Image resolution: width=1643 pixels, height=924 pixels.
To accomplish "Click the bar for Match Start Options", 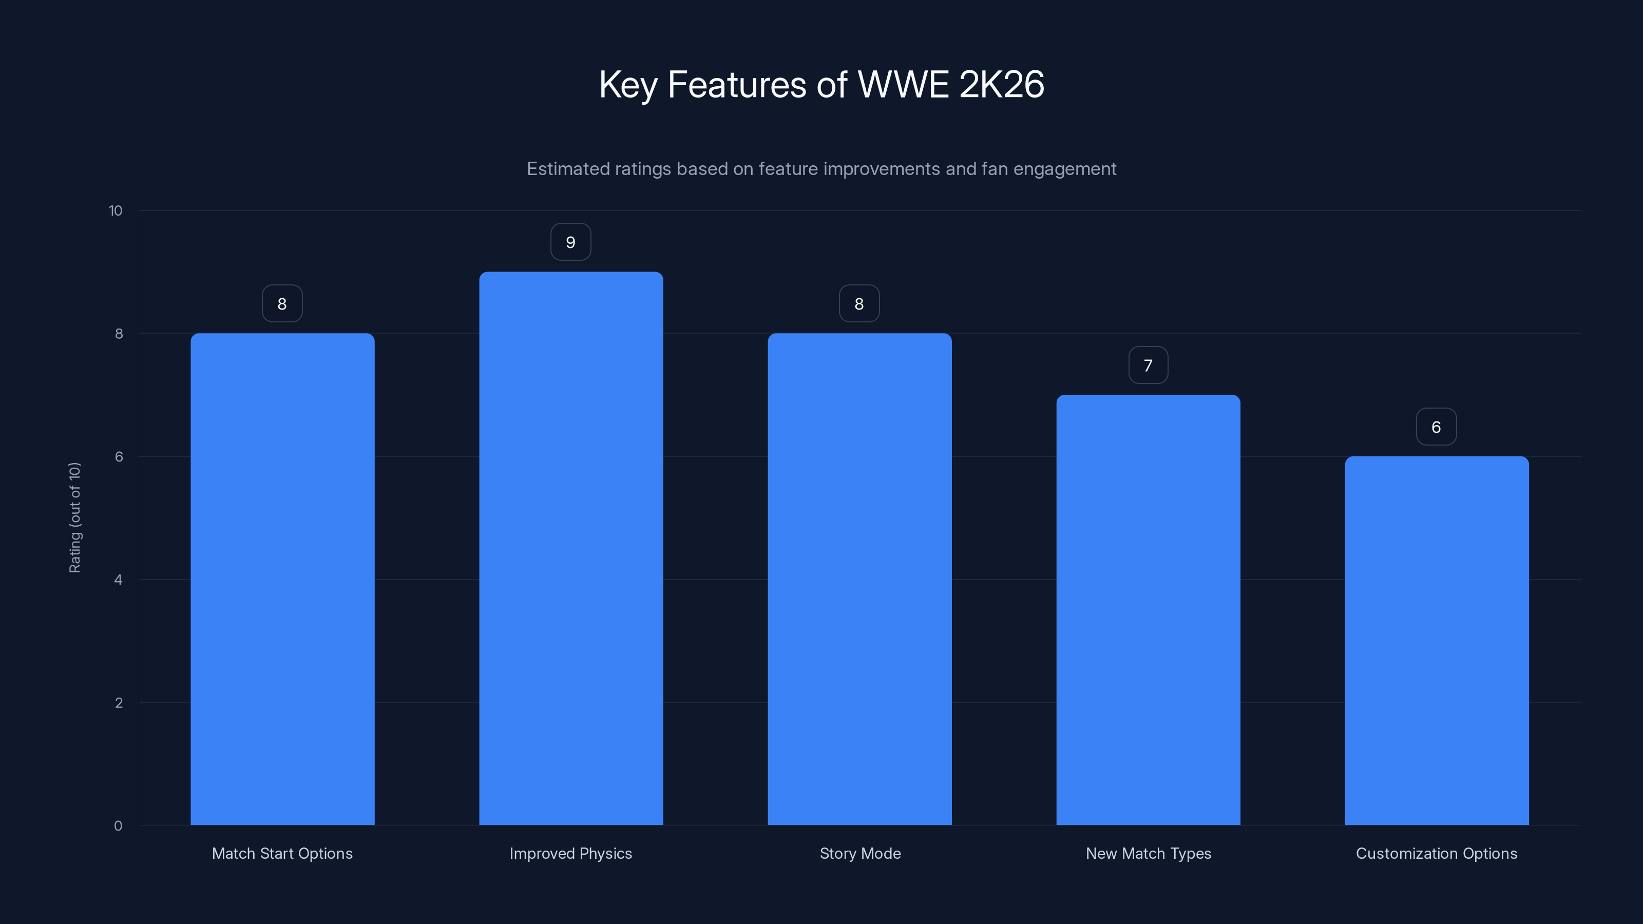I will [x=282, y=579].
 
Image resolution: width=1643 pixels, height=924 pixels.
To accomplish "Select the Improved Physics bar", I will [x=571, y=548].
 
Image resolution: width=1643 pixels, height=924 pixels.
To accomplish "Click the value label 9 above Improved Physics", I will [x=571, y=242].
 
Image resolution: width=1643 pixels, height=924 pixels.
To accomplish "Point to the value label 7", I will [x=1148, y=365].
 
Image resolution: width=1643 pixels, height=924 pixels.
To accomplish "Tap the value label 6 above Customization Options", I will [x=1437, y=427].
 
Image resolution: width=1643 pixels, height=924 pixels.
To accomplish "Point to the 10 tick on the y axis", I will [x=116, y=211].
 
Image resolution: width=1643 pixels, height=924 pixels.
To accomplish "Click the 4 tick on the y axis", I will [x=118, y=580].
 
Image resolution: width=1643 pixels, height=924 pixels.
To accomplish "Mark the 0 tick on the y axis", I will [x=118, y=826].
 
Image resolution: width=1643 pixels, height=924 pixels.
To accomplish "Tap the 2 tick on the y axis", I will [x=118, y=703].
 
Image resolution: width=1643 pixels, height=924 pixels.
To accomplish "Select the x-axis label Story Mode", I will [x=860, y=853].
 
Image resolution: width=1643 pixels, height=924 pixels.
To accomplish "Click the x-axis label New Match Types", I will [x=1148, y=853].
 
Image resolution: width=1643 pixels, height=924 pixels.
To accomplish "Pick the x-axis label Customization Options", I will [x=1437, y=853].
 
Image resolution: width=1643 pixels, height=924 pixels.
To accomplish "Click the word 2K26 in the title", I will [x=1001, y=84].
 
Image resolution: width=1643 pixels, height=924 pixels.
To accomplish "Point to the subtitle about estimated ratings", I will [x=821, y=169].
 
